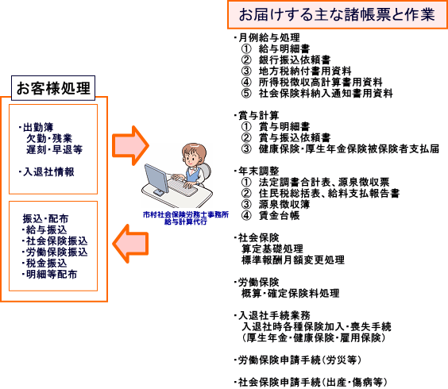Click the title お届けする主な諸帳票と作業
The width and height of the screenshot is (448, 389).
[x=337, y=14]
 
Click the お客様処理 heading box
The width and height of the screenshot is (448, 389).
[x=53, y=88]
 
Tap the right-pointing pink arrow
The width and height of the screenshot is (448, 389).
[x=130, y=145]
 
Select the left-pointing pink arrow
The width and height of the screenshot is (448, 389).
[x=130, y=244]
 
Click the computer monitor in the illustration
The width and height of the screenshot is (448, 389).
[x=156, y=179]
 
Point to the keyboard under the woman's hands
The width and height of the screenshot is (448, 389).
[x=183, y=187]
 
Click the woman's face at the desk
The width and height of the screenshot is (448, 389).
[x=191, y=158]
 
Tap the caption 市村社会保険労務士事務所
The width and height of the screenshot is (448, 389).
[x=186, y=215]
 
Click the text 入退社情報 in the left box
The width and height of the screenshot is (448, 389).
[x=49, y=171]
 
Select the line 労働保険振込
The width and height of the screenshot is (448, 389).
[x=56, y=252]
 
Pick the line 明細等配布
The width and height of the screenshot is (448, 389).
[x=52, y=274]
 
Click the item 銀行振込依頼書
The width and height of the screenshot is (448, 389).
[x=295, y=60]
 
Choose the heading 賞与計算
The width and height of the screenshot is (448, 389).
[x=259, y=115]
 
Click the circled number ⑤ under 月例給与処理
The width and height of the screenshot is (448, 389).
[x=246, y=94]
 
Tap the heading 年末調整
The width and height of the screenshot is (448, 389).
[x=259, y=171]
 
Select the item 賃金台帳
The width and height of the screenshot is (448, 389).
[x=279, y=216]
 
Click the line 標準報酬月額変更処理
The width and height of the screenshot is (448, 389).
[x=293, y=260]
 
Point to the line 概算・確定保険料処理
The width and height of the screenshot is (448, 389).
[x=290, y=293]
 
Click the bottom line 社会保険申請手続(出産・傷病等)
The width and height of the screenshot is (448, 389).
[x=313, y=382]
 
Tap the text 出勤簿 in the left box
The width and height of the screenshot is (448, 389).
[x=38, y=127]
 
